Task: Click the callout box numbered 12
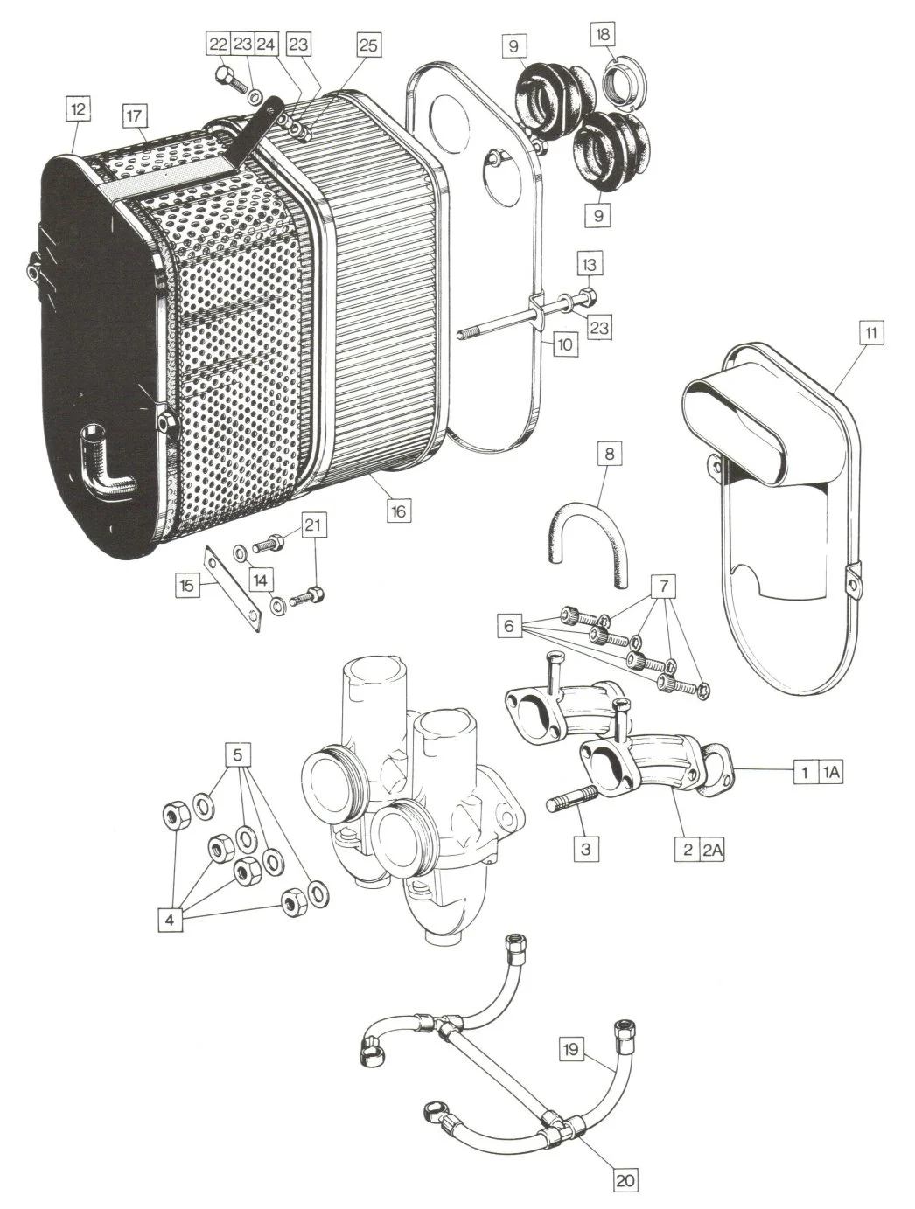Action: pos(78,109)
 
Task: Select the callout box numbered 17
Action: pos(134,116)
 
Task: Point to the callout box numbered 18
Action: pos(602,34)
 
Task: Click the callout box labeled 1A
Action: pos(831,773)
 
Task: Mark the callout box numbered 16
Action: pos(398,511)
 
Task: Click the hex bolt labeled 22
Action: pos(229,79)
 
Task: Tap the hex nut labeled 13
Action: pos(586,298)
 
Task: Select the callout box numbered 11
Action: pos(871,333)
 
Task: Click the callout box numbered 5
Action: pos(238,755)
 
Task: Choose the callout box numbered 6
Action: pos(509,626)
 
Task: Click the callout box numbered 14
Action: pos(261,580)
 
